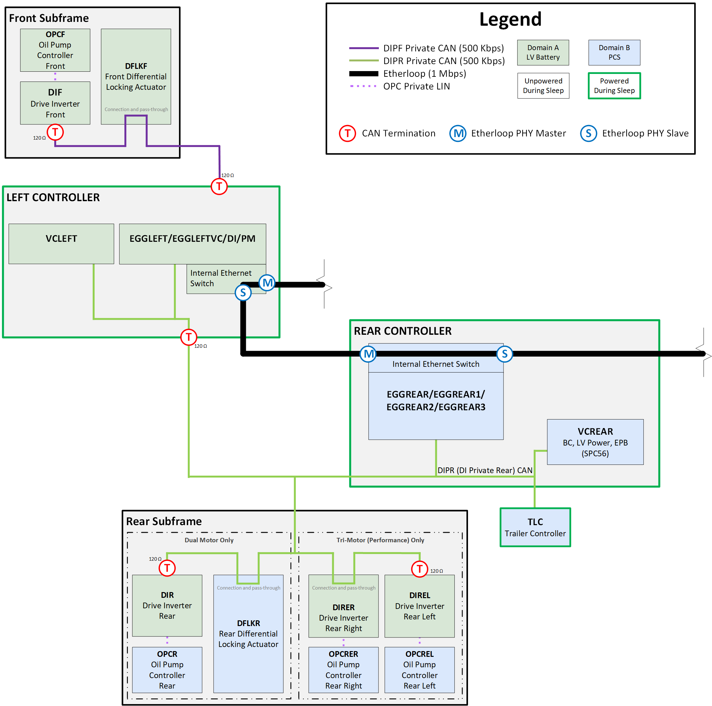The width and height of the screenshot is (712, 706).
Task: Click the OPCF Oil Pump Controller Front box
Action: pos(55,50)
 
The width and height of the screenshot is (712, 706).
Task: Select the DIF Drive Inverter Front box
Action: pos(55,103)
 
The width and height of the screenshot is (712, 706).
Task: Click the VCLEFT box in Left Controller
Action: pos(61,244)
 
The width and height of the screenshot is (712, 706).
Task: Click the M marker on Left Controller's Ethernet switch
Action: pos(267,283)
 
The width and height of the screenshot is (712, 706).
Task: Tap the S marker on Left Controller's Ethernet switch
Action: pos(243,293)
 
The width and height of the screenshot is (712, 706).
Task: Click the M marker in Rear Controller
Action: pos(368,354)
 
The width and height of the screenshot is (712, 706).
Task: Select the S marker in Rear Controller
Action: pos(504,354)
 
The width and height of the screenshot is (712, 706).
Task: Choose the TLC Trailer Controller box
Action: pos(535,527)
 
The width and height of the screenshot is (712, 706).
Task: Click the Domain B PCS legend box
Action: pos(614,52)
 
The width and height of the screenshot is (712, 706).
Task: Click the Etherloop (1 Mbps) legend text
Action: pos(424,73)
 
